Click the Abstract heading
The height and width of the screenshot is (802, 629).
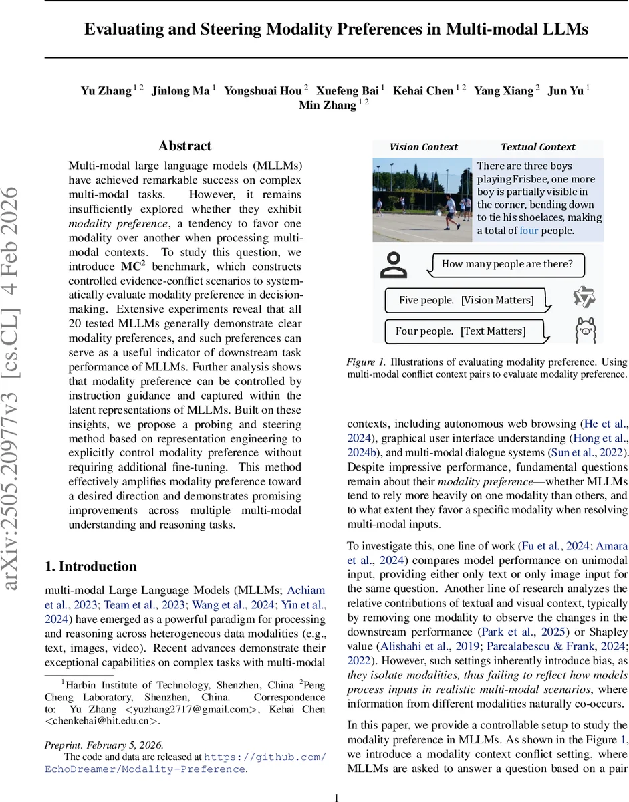[x=184, y=146]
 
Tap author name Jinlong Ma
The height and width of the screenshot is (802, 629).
[x=180, y=91]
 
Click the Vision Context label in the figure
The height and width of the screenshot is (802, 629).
[x=423, y=147]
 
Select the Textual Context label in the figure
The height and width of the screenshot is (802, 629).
[x=537, y=147]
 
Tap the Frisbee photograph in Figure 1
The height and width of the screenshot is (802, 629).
[x=422, y=199]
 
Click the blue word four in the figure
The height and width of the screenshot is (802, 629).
[x=528, y=231]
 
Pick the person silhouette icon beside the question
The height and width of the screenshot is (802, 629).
[x=393, y=265]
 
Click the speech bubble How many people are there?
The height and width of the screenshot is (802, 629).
[x=507, y=264]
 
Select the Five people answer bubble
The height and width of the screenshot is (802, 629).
[x=466, y=300]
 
